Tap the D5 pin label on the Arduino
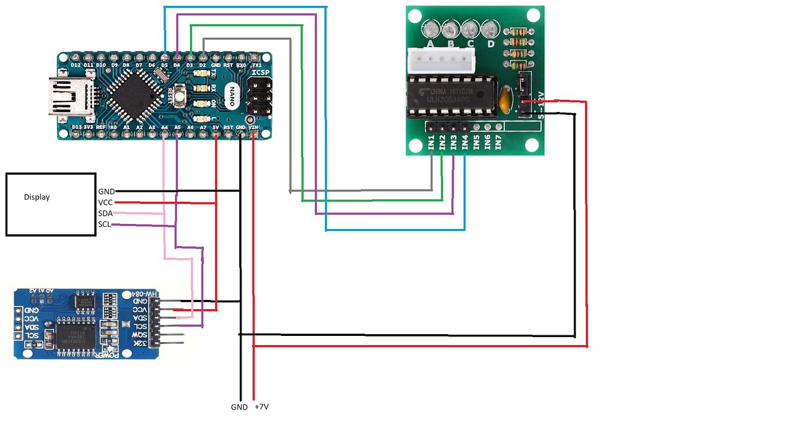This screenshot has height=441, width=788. coord(164,65)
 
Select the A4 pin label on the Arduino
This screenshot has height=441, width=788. coord(164,127)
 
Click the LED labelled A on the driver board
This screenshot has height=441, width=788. coord(431,29)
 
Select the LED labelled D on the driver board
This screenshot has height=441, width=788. coord(489,29)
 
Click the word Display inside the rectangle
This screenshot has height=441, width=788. coord(37,197)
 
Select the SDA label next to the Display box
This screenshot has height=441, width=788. coord(105,213)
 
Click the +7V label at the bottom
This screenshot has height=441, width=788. coord(261,407)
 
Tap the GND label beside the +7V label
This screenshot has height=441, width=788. coord(239,407)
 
